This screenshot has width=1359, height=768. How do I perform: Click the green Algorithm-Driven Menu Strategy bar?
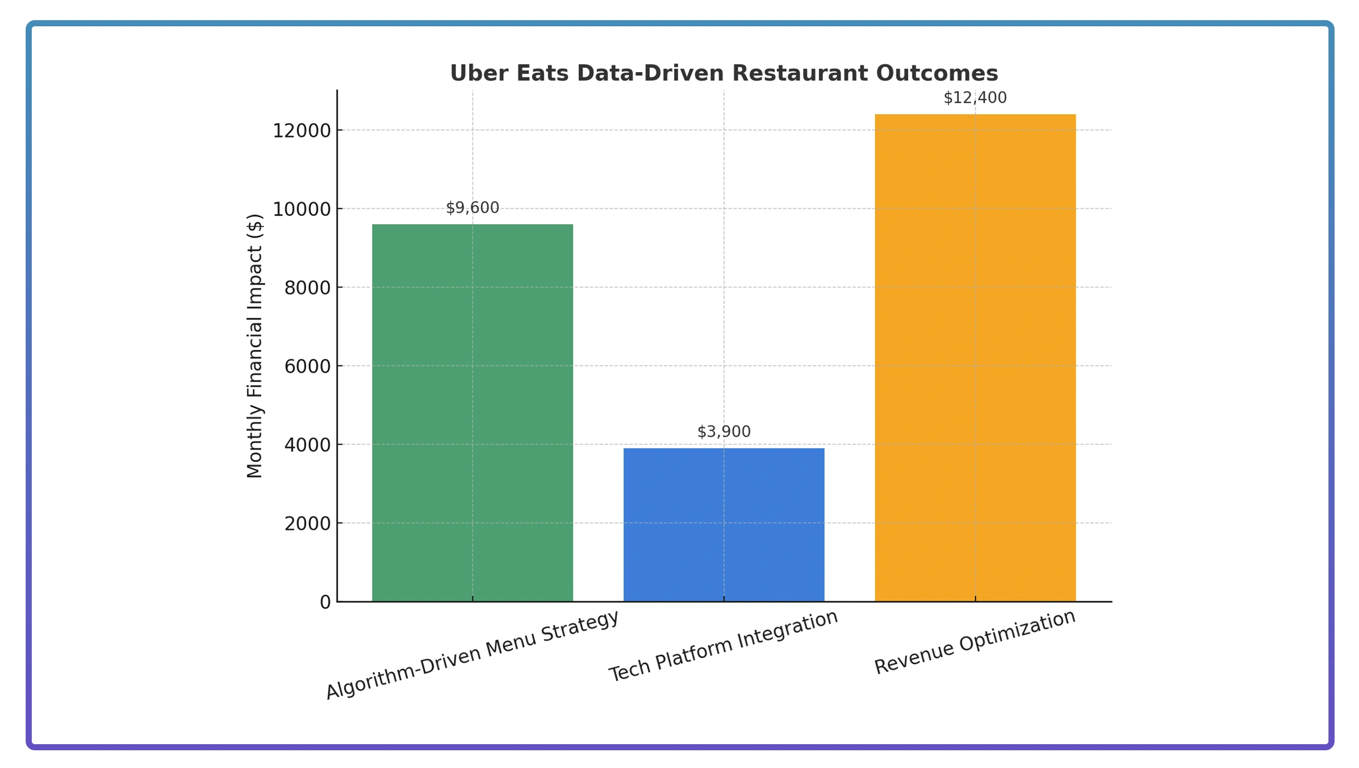tap(472, 412)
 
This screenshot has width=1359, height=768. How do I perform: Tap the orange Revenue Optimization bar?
tap(975, 357)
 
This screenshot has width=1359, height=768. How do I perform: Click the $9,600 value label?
tap(472, 208)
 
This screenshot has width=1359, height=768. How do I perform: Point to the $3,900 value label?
tap(724, 431)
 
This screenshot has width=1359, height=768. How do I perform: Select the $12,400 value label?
tap(975, 98)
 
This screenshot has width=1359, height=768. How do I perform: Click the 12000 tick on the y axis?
tap(301, 131)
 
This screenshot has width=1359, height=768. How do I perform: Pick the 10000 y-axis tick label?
tap(301, 210)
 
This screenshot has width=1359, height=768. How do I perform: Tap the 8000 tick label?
tap(307, 288)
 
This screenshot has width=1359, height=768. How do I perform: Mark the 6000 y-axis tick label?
tap(307, 367)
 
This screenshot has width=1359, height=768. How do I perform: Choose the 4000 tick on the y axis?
tap(307, 445)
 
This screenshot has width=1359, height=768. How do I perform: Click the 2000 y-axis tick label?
tap(307, 524)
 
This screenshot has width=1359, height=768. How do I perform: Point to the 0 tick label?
tap(325, 602)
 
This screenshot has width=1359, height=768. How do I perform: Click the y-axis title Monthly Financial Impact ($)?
tap(254, 346)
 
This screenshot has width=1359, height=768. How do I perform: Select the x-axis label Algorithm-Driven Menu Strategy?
tap(472, 654)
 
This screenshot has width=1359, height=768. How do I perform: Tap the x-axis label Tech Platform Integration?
tap(723, 646)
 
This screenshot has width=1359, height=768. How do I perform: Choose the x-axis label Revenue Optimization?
tap(975, 642)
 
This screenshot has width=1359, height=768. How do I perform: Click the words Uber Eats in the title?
tap(509, 73)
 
